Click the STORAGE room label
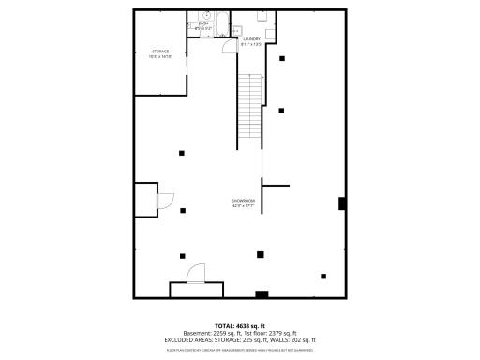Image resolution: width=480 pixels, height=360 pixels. pos(160,51)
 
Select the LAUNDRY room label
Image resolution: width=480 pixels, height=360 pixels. pos(253,39)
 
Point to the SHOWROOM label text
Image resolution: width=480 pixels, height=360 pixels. pos(244,201)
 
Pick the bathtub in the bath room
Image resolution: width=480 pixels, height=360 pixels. pos(212,20)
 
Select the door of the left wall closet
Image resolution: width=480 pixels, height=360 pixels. pos(163,200)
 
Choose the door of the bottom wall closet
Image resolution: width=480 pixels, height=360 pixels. pos(197,274)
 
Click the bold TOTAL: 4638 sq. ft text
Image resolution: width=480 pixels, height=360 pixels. pos(240,325)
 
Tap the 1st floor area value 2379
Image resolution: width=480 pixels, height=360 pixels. pos(279,333)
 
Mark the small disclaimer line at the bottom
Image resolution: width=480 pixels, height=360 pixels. pos(240,349)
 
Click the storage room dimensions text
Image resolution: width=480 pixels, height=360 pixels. pos(160,56)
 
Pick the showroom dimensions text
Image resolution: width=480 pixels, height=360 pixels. pos(244,206)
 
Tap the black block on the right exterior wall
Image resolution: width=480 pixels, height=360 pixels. pos(342,203)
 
